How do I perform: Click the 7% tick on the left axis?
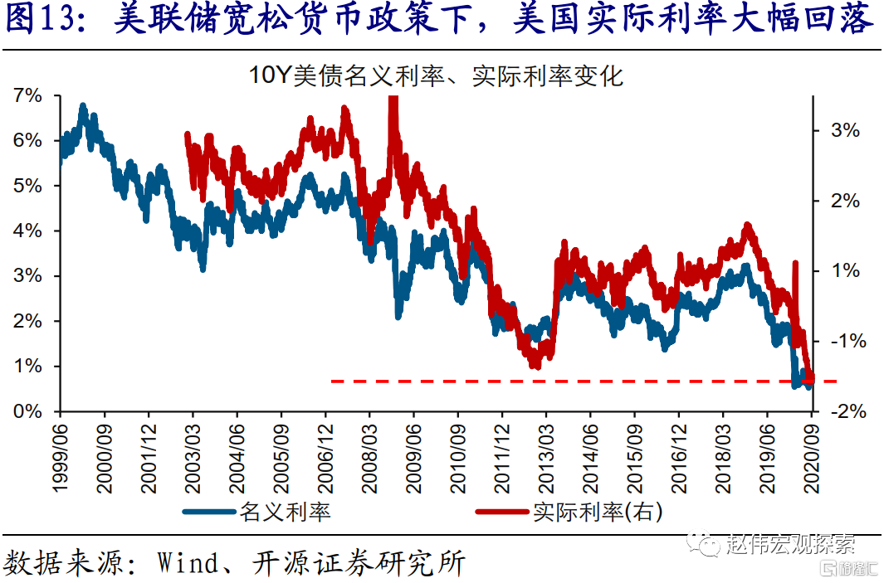(x=27, y=95)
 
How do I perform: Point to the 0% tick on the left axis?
(x=27, y=411)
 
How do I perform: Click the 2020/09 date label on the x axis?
(x=812, y=457)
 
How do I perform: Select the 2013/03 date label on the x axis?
(x=546, y=457)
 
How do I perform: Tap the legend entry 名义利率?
(x=285, y=512)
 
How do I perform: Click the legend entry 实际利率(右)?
(x=598, y=512)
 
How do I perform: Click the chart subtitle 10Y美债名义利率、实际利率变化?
(x=436, y=76)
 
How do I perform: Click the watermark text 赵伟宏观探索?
(x=789, y=544)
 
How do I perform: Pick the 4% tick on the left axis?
(x=27, y=231)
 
